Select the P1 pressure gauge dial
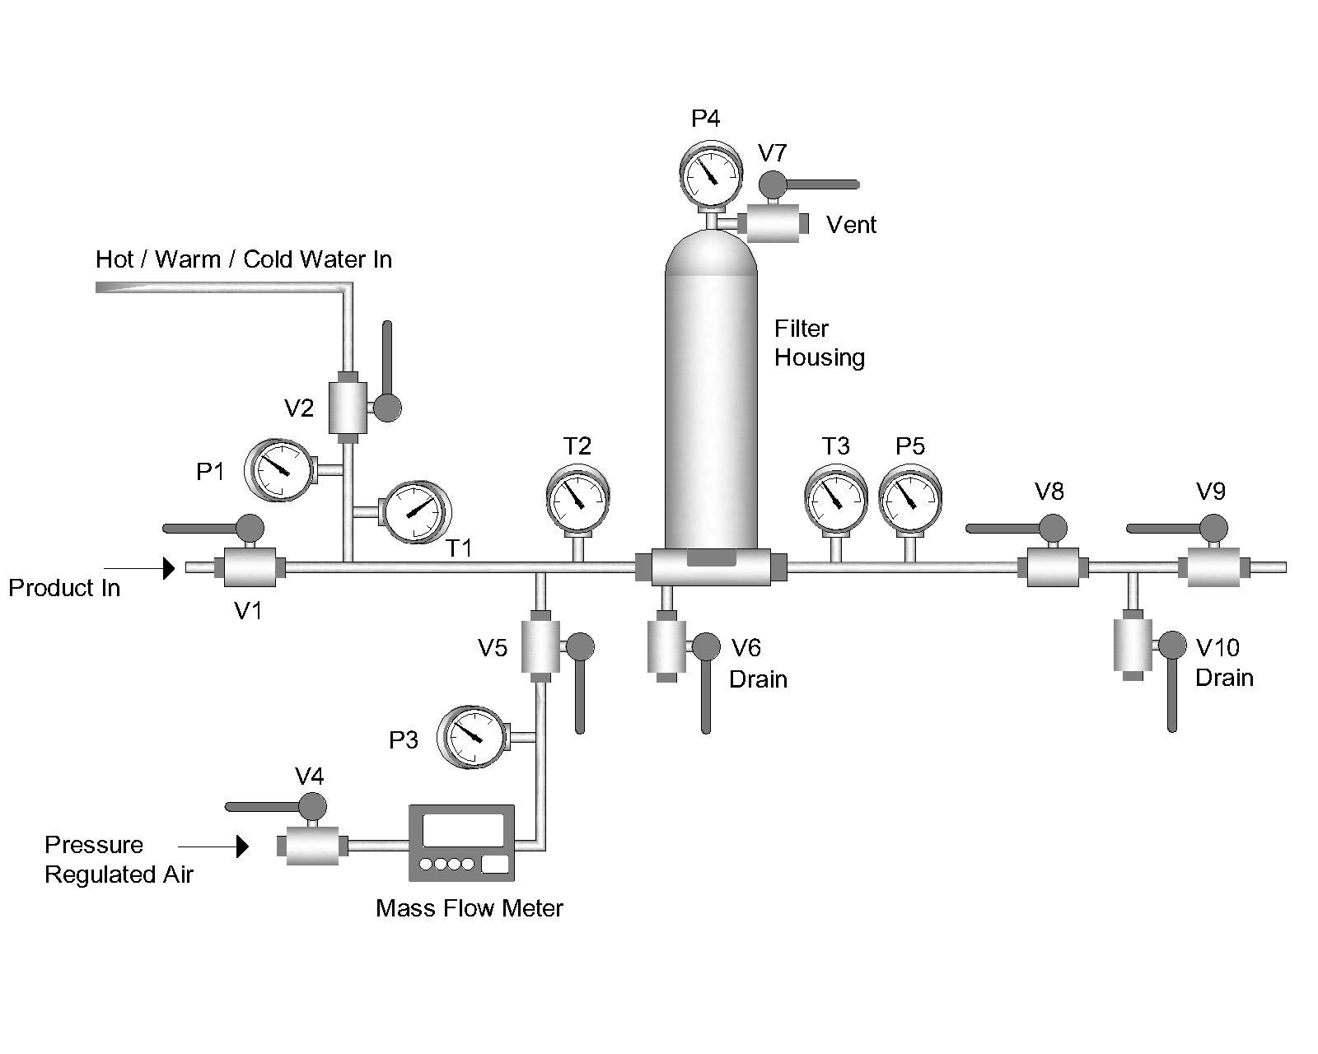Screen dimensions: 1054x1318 (x=282, y=470)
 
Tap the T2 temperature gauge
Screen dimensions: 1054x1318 (x=577, y=497)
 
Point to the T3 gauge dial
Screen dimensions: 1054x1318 (x=835, y=497)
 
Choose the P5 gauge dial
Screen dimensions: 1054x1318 (x=910, y=497)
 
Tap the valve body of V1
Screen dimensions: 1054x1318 (x=249, y=567)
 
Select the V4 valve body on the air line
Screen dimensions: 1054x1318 (x=312, y=846)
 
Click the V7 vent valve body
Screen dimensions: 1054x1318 (x=773, y=223)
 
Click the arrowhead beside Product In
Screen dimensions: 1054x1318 (x=169, y=568)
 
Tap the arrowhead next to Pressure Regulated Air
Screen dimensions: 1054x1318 (x=243, y=846)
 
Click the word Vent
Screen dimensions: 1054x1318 (x=851, y=225)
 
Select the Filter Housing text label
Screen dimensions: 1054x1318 (x=819, y=343)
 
